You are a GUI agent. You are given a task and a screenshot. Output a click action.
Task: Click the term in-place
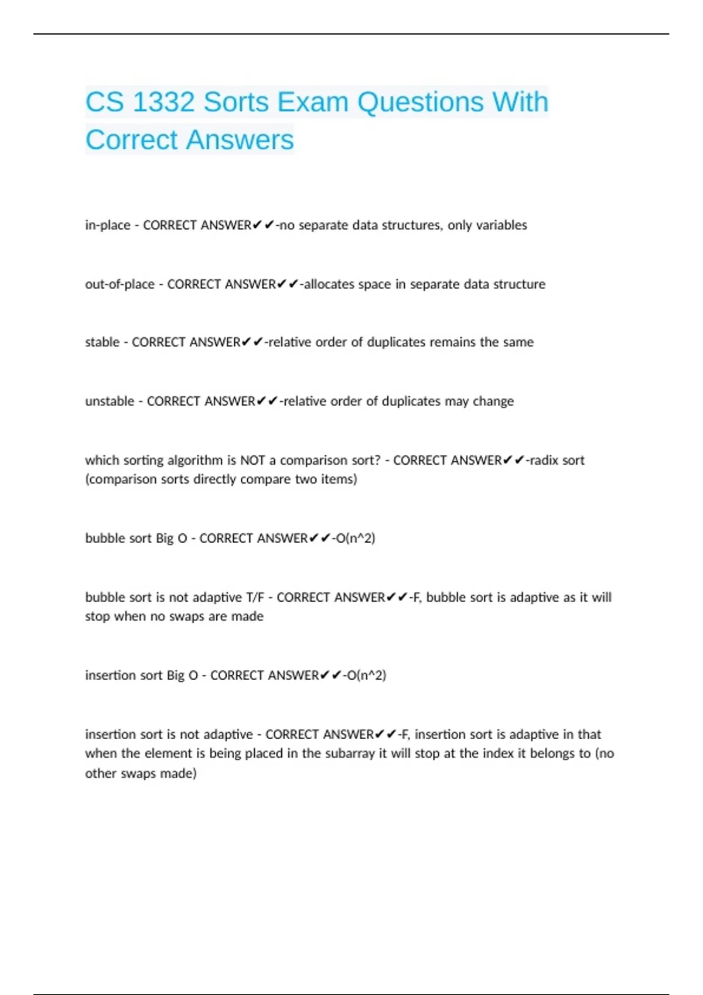pos(107,225)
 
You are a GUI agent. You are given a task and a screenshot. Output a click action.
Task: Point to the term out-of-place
pos(120,284)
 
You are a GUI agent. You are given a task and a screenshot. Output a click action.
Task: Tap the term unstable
pos(110,402)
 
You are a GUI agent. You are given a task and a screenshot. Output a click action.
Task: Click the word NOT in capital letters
pos(253,461)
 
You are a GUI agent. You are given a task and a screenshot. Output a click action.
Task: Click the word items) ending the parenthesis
pos(339,479)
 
